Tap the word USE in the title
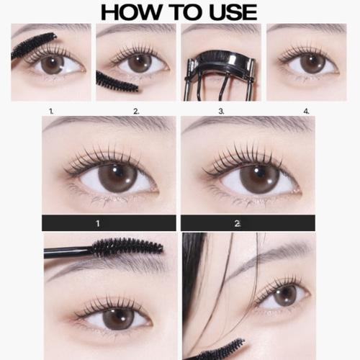click(x=228, y=12)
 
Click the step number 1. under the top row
click(x=51, y=112)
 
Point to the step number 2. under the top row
click(x=136, y=112)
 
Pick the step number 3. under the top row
click(x=222, y=112)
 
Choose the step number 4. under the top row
click(x=306, y=112)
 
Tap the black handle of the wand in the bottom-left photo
click(x=65, y=251)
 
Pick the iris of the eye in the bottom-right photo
click(x=286, y=295)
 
